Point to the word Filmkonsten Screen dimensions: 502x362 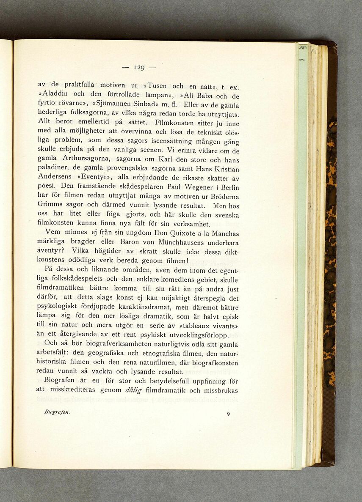(x=173, y=123)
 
